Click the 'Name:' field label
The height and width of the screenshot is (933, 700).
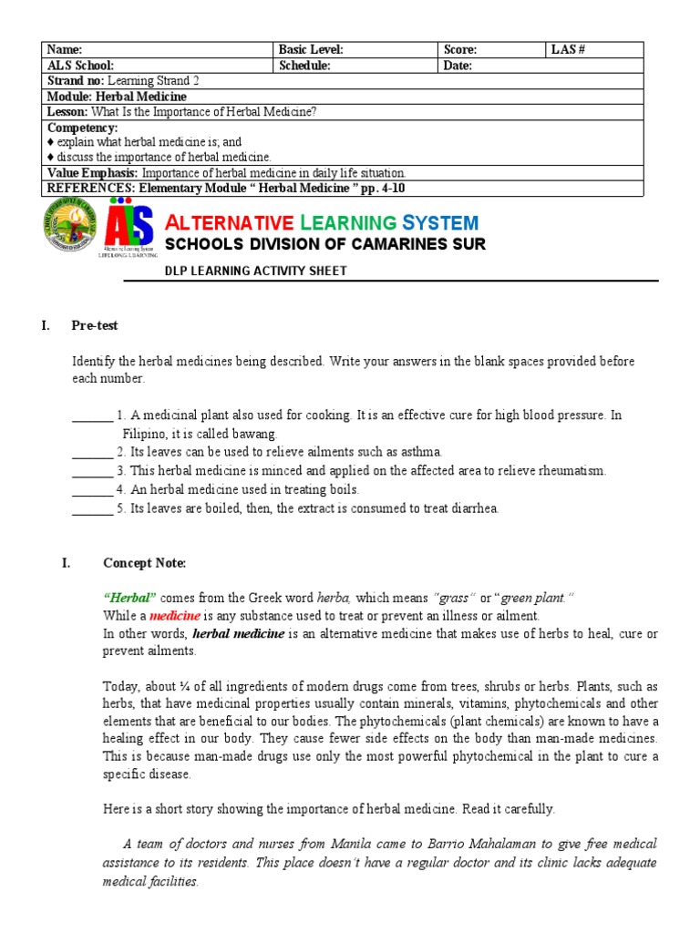point(65,50)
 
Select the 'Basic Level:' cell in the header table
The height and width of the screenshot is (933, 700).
point(311,50)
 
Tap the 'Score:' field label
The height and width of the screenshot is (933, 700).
point(459,50)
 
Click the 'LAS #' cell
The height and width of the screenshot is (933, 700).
point(568,50)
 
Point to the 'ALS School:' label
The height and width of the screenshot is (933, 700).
point(80,66)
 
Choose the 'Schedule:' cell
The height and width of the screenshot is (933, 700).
point(305,66)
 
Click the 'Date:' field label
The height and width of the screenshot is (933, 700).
point(458,66)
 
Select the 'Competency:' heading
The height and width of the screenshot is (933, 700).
point(82,128)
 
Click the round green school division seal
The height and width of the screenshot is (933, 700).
point(69,229)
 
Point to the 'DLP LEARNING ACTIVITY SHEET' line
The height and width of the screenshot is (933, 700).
point(255,272)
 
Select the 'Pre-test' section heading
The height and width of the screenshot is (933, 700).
point(95,325)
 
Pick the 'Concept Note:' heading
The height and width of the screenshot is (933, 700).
point(144,563)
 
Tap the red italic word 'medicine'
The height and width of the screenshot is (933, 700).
point(175,616)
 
